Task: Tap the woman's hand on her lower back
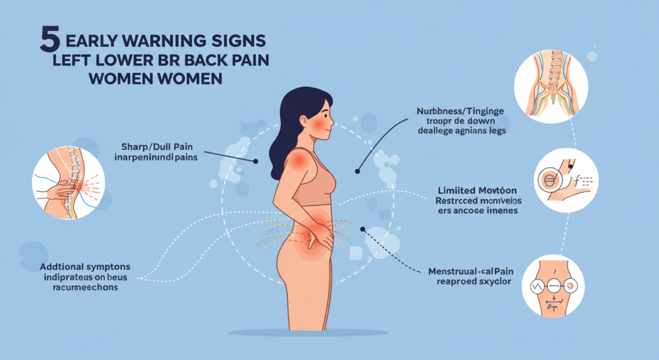point(321,238)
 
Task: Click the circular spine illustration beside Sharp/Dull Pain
point(63,178)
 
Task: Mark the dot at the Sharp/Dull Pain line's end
point(255,161)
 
